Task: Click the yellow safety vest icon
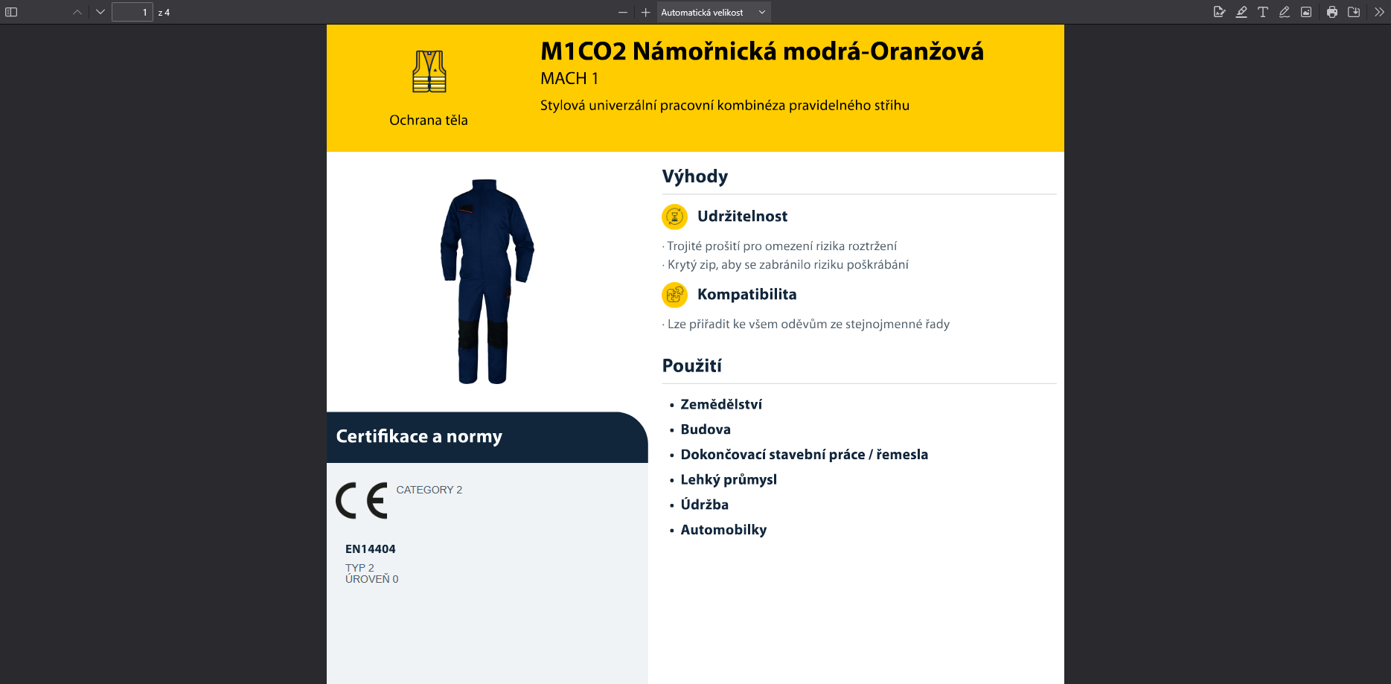tap(429, 71)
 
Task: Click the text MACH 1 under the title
tap(569, 78)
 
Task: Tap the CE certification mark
tap(362, 500)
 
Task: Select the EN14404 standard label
tap(370, 549)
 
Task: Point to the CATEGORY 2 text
tap(429, 490)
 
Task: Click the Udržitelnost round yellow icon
tap(674, 217)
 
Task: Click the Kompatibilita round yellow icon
tap(674, 295)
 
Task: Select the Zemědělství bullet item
tap(721, 404)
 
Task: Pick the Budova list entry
tap(706, 429)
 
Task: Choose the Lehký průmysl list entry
tap(729, 480)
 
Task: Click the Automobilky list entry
tap(723, 530)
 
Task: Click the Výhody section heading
tap(695, 176)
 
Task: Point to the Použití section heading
tap(692, 365)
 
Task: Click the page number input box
tap(132, 12)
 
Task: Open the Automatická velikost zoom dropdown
tap(713, 12)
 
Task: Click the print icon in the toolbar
tap(1332, 12)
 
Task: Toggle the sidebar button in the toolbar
tap(11, 12)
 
